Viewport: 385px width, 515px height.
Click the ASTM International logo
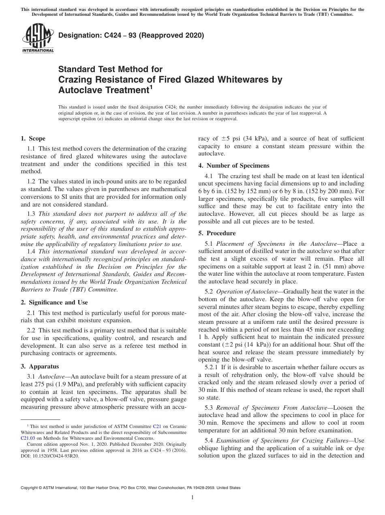click(38, 38)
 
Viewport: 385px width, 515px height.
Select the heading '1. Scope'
click(33, 138)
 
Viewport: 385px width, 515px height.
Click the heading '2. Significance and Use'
click(54, 302)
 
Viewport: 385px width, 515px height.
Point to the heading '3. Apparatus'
click(40, 366)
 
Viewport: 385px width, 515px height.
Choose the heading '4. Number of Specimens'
click(233, 165)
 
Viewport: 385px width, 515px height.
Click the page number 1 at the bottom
click(192, 498)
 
